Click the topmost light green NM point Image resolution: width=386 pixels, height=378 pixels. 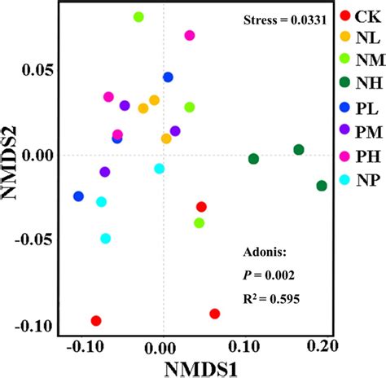click(138, 17)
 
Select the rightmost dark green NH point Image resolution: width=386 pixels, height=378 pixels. click(322, 186)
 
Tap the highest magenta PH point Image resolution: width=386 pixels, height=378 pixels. click(190, 36)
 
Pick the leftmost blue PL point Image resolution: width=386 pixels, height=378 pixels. click(78, 196)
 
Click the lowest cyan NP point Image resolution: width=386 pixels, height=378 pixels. click(105, 239)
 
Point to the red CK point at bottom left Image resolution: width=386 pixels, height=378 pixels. click(96, 321)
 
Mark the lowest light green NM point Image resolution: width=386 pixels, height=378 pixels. click(200, 223)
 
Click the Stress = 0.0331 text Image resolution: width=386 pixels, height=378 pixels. click(285, 20)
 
